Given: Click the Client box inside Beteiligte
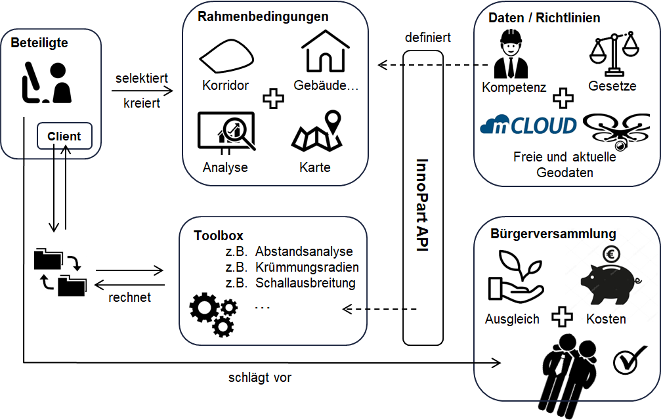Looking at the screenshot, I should point(64,136).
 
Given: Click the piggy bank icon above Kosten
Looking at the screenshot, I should point(607,280).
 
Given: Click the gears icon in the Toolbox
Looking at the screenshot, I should point(213,313).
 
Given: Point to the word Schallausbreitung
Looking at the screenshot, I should point(305,283).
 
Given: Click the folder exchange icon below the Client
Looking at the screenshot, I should point(59,272).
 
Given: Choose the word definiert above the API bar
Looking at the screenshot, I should point(427,37).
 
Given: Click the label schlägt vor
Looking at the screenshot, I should point(260,377).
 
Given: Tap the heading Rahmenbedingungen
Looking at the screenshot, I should point(263,16).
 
